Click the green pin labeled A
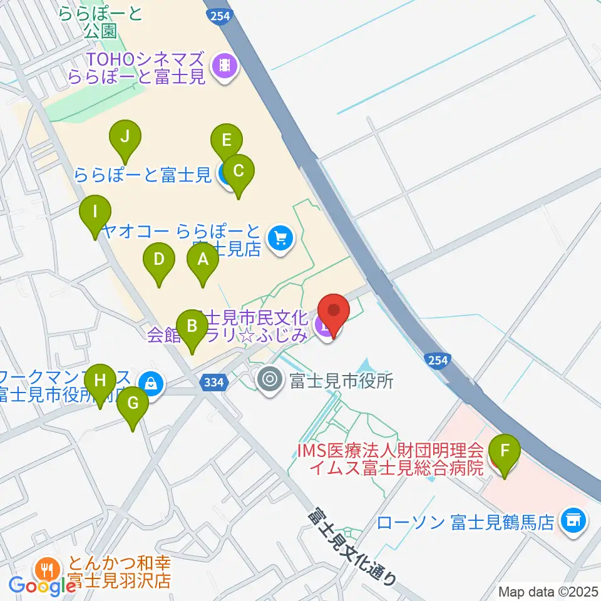pos(202,259)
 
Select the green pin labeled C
pos(237,170)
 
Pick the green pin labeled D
pos(159,259)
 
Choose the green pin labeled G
pos(133,403)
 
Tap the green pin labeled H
pos(100,379)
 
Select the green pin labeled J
pos(125,136)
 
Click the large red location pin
pos(333,311)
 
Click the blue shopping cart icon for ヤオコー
pos(280,239)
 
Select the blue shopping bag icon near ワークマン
pos(151,383)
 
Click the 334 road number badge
pos(213,383)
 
